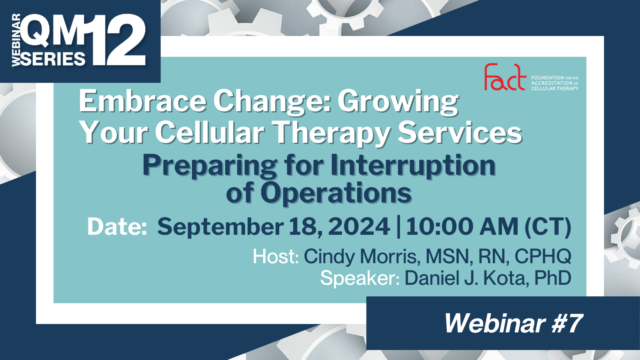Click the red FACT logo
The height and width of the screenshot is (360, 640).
tap(505, 77)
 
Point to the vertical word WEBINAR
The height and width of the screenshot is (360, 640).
tap(16, 40)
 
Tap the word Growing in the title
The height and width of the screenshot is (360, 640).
tap(398, 102)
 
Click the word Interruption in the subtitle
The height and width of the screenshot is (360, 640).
tap(413, 165)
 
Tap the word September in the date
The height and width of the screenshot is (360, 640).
tap(220, 227)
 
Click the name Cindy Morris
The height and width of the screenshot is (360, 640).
tap(362, 256)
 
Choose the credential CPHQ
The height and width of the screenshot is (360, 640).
tap(543, 256)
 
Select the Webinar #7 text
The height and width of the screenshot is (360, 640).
tap(513, 323)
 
